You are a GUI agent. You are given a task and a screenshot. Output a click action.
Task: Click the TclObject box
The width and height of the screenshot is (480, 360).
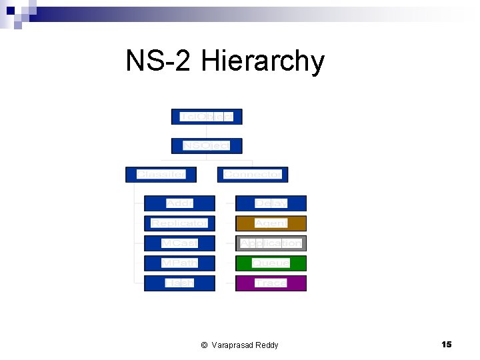[x=207, y=117]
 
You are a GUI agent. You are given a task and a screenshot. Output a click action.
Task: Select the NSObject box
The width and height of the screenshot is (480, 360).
[x=207, y=145]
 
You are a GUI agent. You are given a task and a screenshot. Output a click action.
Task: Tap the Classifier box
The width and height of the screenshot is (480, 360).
[x=161, y=175]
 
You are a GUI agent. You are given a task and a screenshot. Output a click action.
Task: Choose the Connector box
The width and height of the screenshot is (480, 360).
[x=253, y=175]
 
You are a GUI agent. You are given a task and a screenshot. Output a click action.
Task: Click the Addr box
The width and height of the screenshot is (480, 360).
[x=179, y=203]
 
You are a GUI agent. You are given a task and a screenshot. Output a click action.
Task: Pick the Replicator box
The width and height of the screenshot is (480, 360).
[x=179, y=223]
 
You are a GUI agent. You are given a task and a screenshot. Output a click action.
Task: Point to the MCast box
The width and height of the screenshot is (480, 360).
[x=179, y=243]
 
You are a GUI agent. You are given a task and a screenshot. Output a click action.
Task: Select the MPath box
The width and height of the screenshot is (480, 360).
[x=179, y=263]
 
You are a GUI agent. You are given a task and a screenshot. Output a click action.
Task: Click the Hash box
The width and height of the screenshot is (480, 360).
[x=179, y=283]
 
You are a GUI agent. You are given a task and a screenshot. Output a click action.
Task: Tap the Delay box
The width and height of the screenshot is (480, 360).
[x=271, y=203]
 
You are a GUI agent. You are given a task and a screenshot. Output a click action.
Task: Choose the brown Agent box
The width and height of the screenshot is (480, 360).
[x=271, y=223]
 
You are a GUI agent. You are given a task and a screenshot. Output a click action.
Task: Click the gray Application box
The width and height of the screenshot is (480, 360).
[x=271, y=243]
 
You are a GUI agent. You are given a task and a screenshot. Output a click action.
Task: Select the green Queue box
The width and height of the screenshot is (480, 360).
[x=271, y=263]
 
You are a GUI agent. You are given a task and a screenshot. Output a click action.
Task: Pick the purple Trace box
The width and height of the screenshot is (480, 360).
[x=271, y=283]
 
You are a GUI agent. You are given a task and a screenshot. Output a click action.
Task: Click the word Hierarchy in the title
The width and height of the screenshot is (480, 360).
[x=262, y=62]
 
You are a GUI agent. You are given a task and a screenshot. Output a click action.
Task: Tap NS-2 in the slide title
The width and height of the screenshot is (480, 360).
[x=159, y=61]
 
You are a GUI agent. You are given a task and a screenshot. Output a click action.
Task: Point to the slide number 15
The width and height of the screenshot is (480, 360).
[x=447, y=344]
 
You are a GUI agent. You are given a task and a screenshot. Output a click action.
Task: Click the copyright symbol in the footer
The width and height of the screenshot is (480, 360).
[x=204, y=345]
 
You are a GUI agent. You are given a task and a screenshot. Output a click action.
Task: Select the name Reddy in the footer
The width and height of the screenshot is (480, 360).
[x=266, y=345]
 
